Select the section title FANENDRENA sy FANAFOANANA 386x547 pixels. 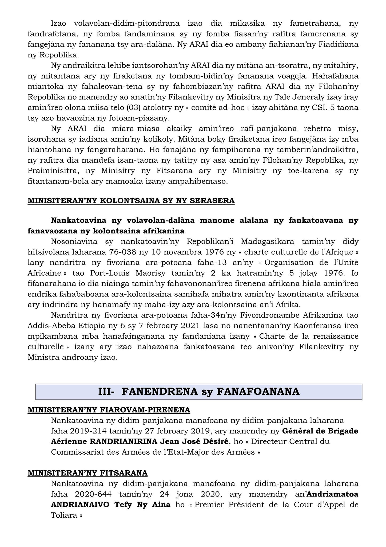(199, 392)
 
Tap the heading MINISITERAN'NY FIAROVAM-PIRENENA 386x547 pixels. (109, 410)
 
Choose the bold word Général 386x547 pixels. (296, 431)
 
